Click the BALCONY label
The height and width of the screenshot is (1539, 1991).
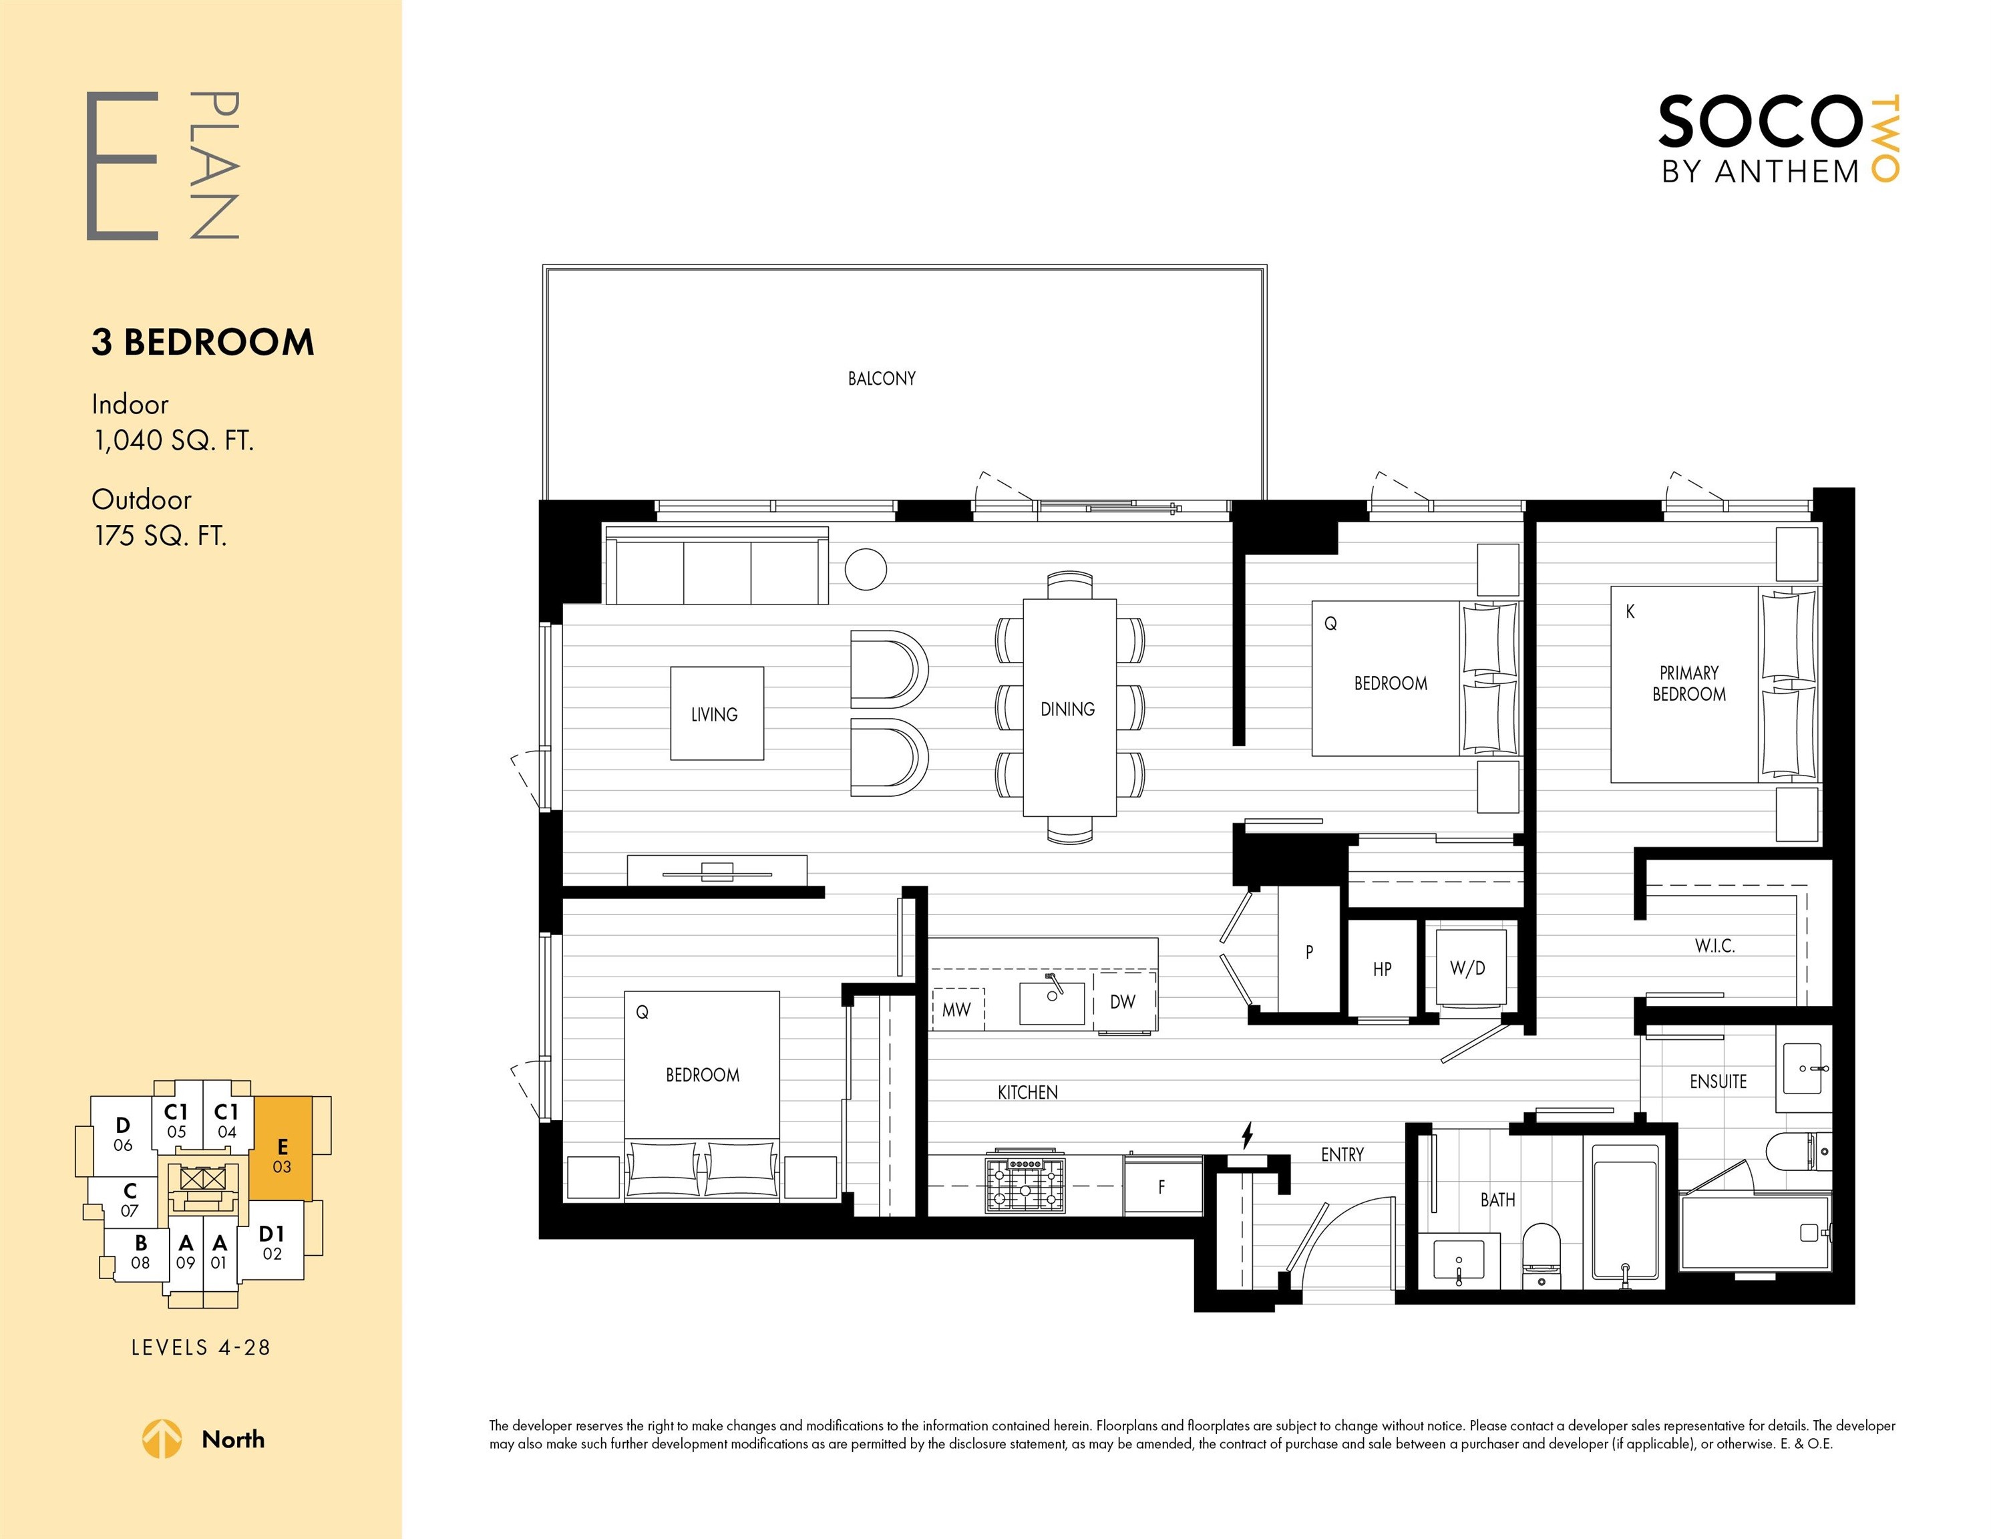tap(882, 378)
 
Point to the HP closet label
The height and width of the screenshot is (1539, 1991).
tap(1382, 969)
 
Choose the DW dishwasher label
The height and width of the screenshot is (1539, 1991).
tap(1123, 1001)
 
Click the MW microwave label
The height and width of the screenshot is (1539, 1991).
tap(956, 1009)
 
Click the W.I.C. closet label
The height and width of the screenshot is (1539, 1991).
tap(1714, 947)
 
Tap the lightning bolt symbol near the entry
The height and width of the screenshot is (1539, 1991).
tap(1247, 1136)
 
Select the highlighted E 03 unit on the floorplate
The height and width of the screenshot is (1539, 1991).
tap(282, 1149)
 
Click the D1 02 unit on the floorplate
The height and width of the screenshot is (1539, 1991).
tap(272, 1242)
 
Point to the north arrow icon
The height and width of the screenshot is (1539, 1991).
tap(162, 1439)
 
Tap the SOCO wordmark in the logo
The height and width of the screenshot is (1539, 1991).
tap(1758, 122)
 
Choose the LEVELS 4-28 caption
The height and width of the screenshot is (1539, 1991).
tap(202, 1347)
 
